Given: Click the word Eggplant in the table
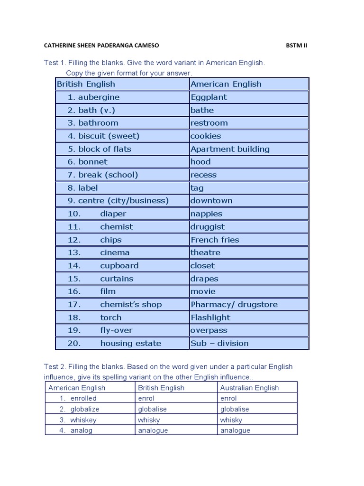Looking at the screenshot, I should [209, 97].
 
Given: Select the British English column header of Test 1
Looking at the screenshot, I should [86, 84].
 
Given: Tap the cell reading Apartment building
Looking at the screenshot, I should [230, 149].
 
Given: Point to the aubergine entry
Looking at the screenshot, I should [99, 97].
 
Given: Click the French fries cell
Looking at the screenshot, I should [215, 240].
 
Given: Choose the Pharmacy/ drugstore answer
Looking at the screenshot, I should [234, 304].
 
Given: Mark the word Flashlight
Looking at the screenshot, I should [210, 318].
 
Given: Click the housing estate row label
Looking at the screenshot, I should [130, 343].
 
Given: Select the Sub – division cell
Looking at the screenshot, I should [219, 343].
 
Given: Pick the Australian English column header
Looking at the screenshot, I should [249, 388].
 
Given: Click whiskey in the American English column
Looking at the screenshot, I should [83, 420].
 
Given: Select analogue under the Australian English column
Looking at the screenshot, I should [235, 430].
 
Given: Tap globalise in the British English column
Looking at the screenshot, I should [152, 409].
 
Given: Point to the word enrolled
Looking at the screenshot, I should [83, 398].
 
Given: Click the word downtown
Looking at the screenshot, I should [211, 201].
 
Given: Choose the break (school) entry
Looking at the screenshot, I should [108, 175].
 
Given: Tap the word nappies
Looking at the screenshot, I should [206, 214].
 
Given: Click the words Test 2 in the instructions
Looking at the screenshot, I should [54, 367].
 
